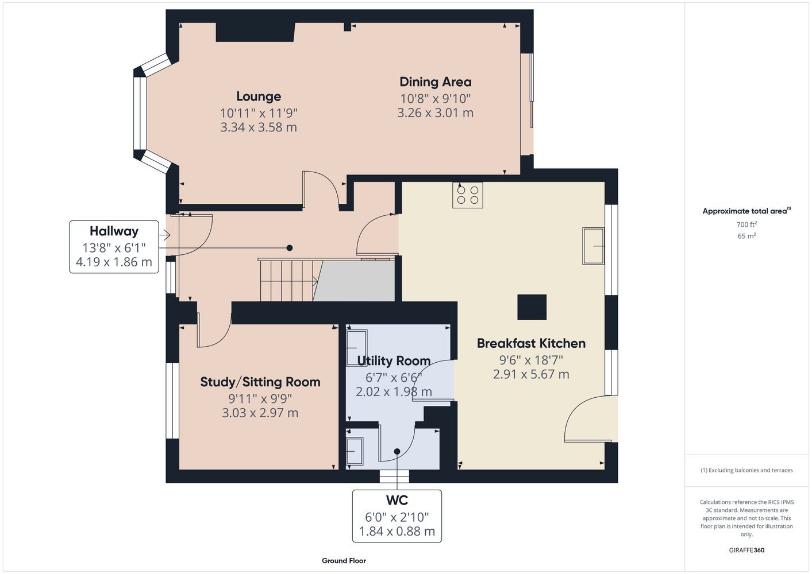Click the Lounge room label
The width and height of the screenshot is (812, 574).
259,96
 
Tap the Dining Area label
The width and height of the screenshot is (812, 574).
436,82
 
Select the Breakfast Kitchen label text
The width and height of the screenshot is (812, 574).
531,343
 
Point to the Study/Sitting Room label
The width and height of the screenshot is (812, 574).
260,382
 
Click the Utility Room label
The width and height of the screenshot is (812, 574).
394,360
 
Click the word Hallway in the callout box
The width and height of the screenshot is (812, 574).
114,231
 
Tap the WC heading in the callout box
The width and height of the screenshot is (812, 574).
397,500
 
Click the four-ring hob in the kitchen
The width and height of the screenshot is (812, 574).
468,195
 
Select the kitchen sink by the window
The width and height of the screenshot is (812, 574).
594,246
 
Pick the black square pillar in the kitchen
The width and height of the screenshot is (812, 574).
532,307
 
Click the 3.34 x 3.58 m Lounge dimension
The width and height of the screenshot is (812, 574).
259,127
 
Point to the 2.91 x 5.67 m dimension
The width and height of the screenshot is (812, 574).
531,374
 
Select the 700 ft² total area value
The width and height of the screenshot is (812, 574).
746,224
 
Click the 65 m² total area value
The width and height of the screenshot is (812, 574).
746,236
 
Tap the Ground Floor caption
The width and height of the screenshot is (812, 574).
344,561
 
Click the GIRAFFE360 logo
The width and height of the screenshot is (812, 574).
746,550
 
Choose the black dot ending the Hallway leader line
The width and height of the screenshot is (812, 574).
289,248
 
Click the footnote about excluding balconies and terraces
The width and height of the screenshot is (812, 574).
746,470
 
